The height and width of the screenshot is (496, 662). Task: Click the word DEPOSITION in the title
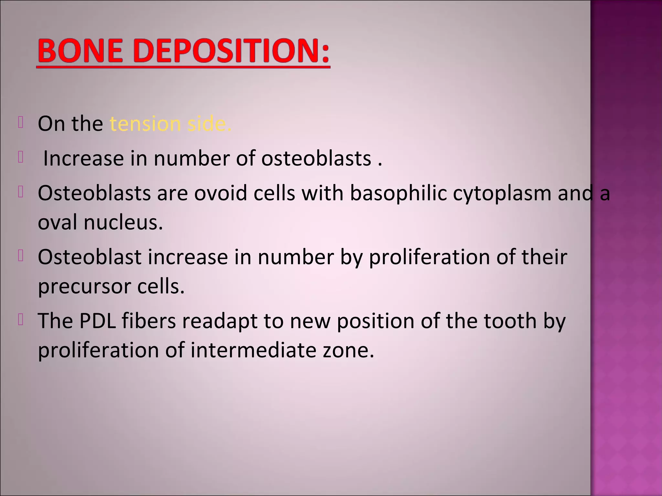click(x=223, y=51)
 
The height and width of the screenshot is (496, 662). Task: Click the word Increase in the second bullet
click(x=83, y=159)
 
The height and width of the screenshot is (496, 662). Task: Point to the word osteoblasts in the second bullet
click(x=316, y=159)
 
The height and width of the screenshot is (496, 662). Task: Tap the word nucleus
click(x=123, y=222)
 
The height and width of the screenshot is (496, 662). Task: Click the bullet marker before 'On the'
click(x=21, y=123)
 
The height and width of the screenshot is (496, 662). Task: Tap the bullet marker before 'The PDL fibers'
click(x=21, y=320)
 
